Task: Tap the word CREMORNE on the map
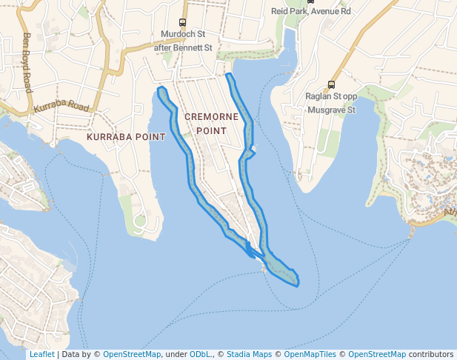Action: point(212,117)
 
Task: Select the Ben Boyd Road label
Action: point(27,62)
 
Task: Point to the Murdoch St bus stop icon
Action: point(183,22)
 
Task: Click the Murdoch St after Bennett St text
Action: point(183,41)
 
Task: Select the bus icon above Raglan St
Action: point(331,84)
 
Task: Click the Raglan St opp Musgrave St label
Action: point(331,102)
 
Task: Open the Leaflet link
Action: point(41,354)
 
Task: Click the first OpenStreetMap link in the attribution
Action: point(131,354)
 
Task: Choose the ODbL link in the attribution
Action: point(201,354)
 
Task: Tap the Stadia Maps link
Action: point(249,354)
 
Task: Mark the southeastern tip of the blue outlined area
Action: point(298,284)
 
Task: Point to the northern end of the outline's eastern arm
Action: point(228,75)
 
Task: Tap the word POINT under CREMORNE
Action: point(212,130)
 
